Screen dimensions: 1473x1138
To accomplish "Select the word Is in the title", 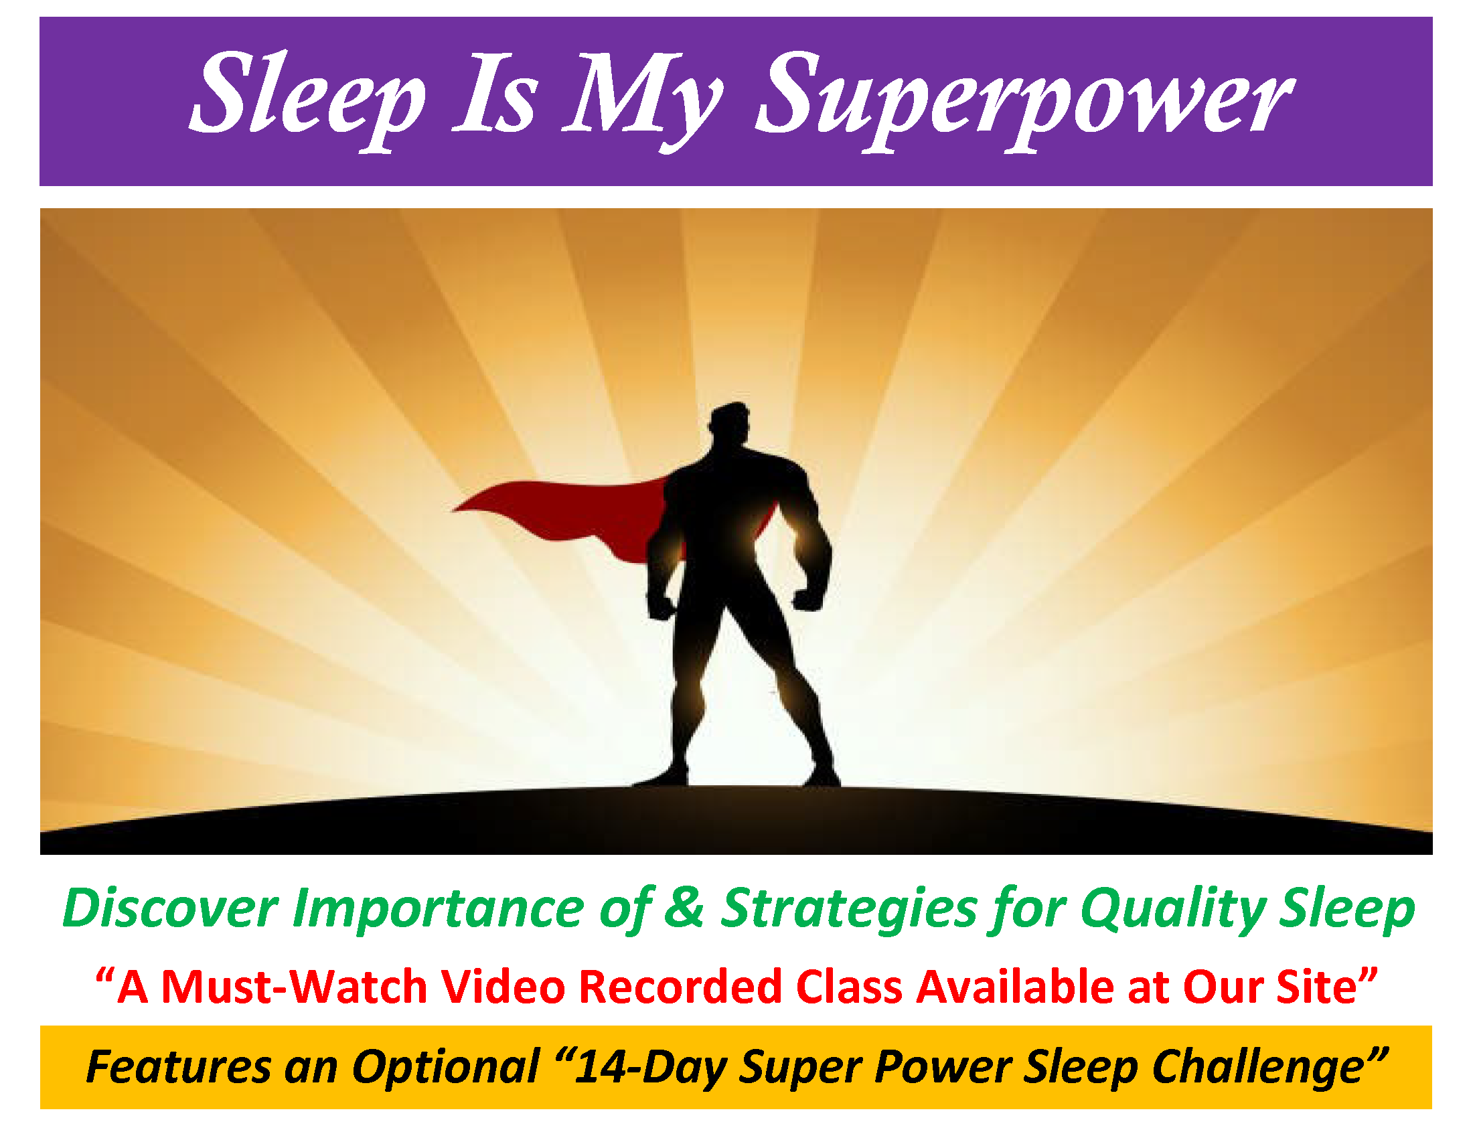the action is click(495, 92).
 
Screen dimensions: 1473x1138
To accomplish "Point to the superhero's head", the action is click(730, 426).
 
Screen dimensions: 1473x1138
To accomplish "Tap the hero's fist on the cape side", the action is click(660, 605).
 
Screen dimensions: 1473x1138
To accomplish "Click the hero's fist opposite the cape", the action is click(809, 598).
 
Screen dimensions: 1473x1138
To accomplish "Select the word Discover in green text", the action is click(170, 908).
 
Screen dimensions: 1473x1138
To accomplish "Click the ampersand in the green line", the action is click(684, 908).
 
